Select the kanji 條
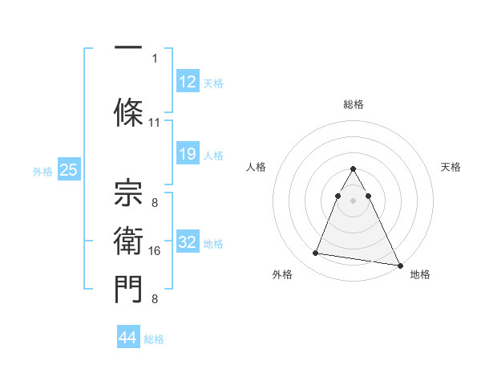tap(129, 107)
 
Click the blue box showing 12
tap(187, 83)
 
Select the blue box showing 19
tap(187, 154)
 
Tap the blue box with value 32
tap(187, 242)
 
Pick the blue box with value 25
tap(68, 170)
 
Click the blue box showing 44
tap(127, 338)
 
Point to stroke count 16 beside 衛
tap(156, 251)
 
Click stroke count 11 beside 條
tap(155, 123)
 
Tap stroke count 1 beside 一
tap(155, 58)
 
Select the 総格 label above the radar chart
tap(353, 104)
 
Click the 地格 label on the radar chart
tap(420, 274)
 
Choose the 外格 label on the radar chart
tap(282, 274)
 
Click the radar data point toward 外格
tap(315, 253)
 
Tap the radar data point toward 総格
tap(353, 169)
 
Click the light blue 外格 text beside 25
tap(42, 171)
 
